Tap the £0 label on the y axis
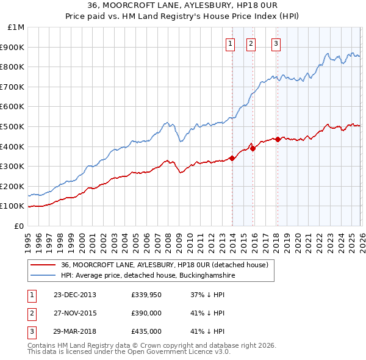(x=20, y=226)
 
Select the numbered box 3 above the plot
(x=276, y=43)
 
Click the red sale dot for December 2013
(x=232, y=158)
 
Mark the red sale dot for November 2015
(x=253, y=148)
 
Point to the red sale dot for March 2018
(x=278, y=139)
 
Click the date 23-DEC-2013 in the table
(x=74, y=295)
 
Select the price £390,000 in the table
(x=146, y=313)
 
